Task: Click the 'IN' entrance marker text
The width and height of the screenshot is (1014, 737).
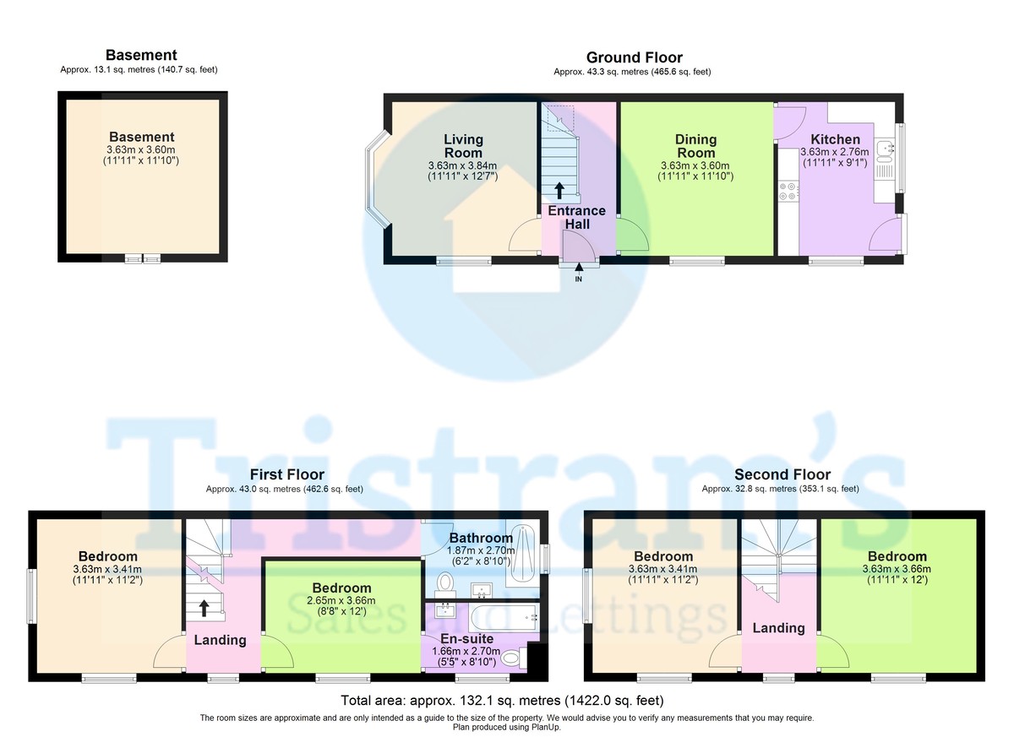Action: coord(579,279)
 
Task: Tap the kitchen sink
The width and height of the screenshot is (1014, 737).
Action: coord(884,151)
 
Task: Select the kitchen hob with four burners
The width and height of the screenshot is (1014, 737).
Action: coord(788,191)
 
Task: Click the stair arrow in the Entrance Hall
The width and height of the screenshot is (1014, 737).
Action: coord(559,190)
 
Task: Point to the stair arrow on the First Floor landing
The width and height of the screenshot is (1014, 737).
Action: coord(204,608)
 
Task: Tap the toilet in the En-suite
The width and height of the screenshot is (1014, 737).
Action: coord(514,658)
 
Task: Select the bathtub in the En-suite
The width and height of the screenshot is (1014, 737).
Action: coord(504,618)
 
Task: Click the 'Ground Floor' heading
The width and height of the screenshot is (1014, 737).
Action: coord(635,57)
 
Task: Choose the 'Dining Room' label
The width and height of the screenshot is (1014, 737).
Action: coord(695,146)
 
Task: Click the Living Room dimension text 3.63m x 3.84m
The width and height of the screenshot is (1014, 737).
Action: coord(463,165)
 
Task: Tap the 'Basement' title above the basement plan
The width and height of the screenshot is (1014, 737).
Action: coord(141,55)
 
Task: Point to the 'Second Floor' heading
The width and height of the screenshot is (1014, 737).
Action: coord(782,474)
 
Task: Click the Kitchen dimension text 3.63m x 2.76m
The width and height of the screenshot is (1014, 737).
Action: coord(835,152)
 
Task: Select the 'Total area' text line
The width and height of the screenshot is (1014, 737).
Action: coord(502,701)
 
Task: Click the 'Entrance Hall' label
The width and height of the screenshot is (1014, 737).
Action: coord(576,217)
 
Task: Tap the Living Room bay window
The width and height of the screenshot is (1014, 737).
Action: coord(376,180)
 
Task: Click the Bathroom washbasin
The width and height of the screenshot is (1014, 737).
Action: coord(481,590)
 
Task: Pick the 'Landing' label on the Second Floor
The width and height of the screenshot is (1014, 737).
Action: coord(778,628)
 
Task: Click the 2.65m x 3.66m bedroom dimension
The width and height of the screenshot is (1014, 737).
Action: coord(341,600)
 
